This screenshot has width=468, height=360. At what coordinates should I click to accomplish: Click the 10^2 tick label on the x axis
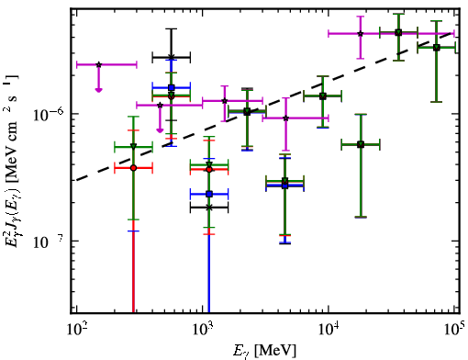point(76,329)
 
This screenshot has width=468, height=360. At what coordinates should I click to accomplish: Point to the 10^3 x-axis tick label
point(203,329)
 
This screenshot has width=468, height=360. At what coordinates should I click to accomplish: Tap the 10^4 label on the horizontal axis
point(329,329)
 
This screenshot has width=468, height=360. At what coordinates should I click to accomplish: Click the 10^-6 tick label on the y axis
point(49,114)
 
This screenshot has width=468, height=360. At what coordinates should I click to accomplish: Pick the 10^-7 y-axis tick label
point(49,242)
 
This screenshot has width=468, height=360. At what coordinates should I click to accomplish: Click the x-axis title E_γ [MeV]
point(264,351)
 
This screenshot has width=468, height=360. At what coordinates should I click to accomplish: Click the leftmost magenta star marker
point(98,64)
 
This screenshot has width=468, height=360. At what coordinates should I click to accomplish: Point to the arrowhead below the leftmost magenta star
point(98,90)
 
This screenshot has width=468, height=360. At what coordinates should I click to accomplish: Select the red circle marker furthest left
point(133,168)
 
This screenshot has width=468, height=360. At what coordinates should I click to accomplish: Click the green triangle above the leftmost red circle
point(133,147)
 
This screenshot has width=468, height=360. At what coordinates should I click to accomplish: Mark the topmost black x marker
point(172,57)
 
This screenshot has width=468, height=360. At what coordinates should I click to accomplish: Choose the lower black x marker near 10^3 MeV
point(209,208)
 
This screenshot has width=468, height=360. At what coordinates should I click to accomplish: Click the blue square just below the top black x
point(172,87)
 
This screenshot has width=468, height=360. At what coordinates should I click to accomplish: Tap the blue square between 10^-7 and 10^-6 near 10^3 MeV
point(209,194)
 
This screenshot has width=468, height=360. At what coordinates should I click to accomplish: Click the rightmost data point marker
point(437,48)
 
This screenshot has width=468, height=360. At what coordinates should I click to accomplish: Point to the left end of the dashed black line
point(76,180)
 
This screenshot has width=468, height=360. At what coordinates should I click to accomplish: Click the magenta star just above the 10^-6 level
point(225,100)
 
